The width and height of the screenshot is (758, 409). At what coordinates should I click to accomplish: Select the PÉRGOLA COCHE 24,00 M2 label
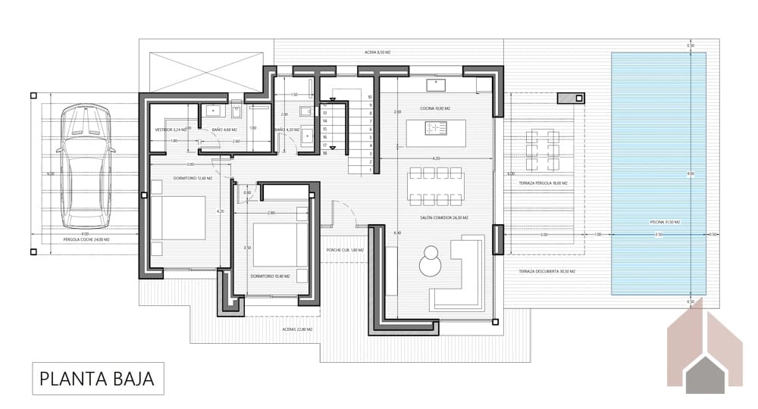pos(86,239)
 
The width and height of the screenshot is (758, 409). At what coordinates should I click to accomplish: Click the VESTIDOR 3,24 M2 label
pos(170,130)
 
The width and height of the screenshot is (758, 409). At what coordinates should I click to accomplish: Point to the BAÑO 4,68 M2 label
pos(224,130)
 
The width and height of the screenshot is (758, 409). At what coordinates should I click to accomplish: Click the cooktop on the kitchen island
pos(437,129)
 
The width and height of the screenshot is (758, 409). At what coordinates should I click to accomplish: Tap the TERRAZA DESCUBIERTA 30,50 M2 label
pos(547,271)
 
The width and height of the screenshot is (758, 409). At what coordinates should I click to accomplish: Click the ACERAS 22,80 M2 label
pos(298,329)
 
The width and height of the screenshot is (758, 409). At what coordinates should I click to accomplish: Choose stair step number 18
pos(324,153)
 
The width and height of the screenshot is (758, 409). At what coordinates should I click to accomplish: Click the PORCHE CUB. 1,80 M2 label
pos(345,250)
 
